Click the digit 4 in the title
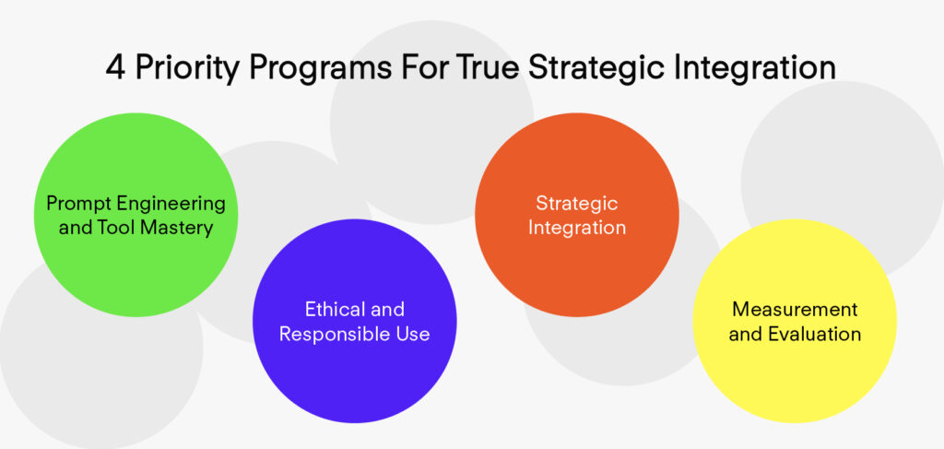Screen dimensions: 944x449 (115, 67)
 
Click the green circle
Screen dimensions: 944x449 (136, 215)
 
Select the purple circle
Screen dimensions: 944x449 (355, 321)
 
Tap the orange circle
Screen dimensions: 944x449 (577, 215)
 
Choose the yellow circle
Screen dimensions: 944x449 (795, 321)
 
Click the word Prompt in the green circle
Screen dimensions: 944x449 (78, 204)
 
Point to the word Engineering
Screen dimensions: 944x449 (171, 205)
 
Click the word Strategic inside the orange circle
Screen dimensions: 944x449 (577, 204)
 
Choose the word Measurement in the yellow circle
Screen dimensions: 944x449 (795, 310)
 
